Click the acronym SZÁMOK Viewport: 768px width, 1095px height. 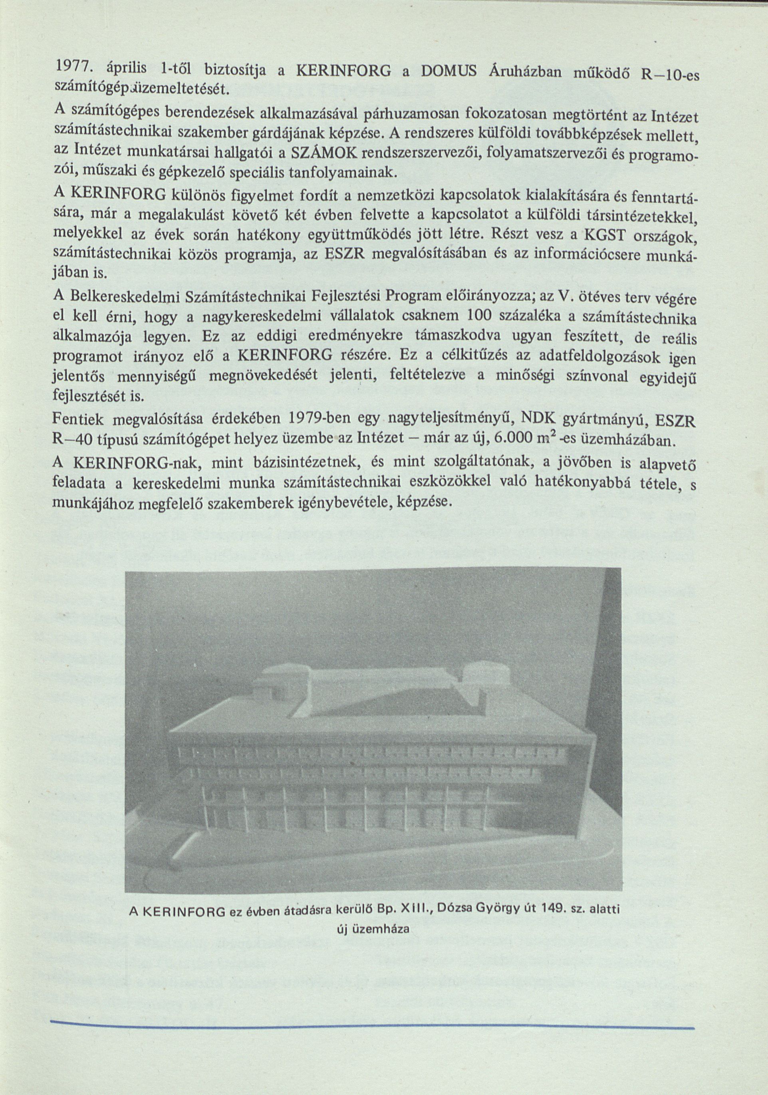316,154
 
